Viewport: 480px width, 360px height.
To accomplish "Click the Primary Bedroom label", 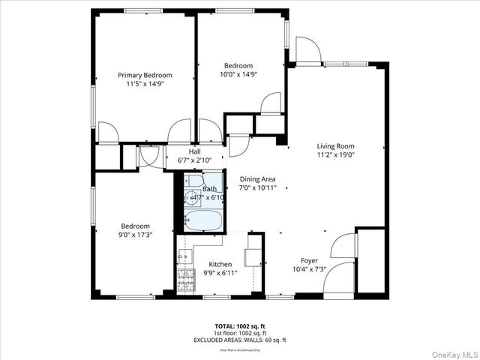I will pos(145,75).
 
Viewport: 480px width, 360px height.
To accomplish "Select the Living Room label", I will pos(334,146).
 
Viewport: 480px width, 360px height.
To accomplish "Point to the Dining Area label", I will pos(257,179).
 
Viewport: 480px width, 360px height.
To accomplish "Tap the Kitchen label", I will pos(220,264).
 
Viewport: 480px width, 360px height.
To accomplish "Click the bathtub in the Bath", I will pos(202,221).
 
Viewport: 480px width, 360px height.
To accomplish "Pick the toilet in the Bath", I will pos(194,181).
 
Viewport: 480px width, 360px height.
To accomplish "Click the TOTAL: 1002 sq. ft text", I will pos(239,326).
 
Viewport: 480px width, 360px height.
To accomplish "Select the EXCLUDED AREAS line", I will pos(239,340).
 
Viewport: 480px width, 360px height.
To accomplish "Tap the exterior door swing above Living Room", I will pos(307,50).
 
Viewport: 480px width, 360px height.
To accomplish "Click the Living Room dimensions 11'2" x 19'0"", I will pos(334,155).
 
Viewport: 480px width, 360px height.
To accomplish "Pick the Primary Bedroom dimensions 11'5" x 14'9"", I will pos(145,84).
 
